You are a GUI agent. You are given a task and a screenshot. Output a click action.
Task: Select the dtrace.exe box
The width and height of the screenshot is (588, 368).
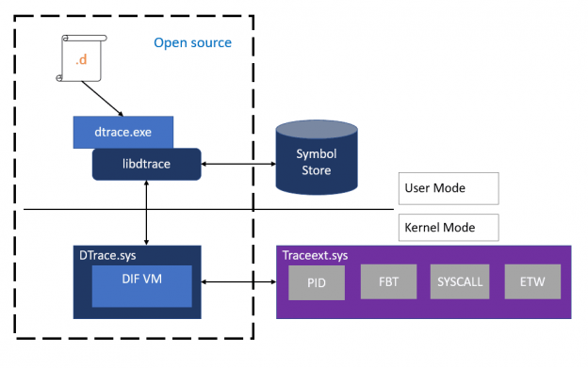123,133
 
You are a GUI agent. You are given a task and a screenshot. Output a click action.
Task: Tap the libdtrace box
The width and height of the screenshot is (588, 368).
146,164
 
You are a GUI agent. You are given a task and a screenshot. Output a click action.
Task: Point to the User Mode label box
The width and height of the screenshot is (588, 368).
446,188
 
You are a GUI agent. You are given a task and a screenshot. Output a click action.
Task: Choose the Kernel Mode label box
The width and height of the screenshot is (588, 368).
446,227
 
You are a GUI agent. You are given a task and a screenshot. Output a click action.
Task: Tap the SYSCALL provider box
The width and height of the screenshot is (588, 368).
458,280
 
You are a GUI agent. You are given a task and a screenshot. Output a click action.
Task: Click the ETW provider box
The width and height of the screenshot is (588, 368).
531,280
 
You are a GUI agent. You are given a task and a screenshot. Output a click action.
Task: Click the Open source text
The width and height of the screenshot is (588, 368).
192,43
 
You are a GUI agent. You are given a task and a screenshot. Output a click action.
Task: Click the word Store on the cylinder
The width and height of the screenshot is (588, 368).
316,170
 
